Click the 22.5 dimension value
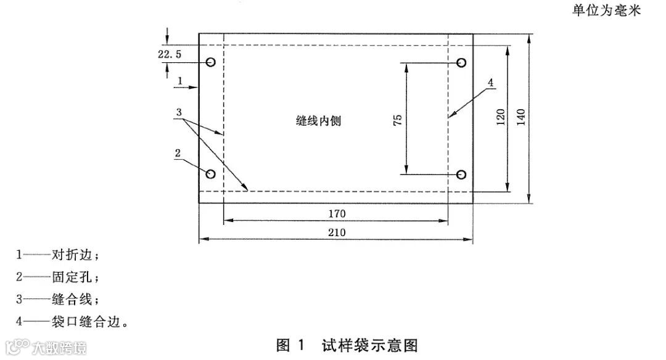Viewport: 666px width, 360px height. click(170, 54)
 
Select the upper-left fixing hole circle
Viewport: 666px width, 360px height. click(211, 62)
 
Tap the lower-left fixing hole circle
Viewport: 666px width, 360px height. click(211, 174)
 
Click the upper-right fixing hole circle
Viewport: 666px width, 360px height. click(461, 62)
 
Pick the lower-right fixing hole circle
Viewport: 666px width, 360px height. click(461, 174)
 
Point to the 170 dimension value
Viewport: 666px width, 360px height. click(337, 213)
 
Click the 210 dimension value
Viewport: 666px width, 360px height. click(337, 232)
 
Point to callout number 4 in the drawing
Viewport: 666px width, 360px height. click(490, 82)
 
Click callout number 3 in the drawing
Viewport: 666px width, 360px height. click(178, 113)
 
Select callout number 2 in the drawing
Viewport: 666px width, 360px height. click(178, 153)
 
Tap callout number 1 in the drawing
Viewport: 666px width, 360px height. click(179, 80)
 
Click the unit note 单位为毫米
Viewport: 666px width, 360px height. click(607, 11)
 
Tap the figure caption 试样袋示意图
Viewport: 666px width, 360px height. click(369, 345)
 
